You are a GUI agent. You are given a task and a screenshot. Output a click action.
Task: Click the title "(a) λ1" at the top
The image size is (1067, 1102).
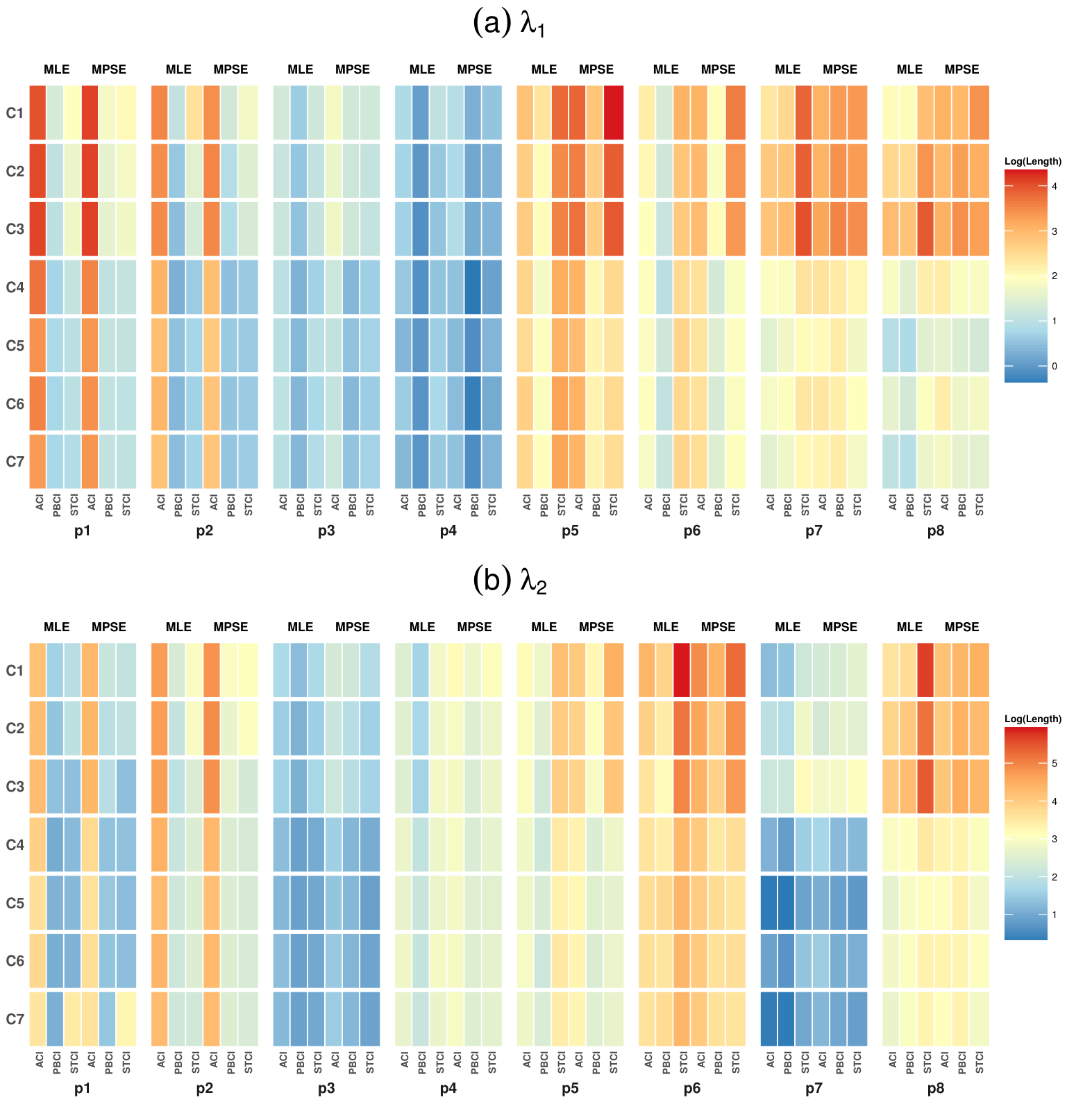point(510,24)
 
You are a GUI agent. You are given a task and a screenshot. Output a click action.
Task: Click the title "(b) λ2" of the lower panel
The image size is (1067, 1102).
point(510,581)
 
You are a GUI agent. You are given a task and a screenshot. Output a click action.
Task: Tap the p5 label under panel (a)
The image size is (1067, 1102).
point(570,532)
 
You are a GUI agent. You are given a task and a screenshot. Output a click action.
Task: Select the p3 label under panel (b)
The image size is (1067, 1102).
point(326,1090)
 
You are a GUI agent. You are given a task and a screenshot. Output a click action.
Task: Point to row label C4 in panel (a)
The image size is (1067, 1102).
point(15,287)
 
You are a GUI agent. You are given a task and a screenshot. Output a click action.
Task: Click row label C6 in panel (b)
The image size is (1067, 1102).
point(15,961)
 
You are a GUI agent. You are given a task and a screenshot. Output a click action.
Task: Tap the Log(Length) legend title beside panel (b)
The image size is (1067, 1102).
point(1033,719)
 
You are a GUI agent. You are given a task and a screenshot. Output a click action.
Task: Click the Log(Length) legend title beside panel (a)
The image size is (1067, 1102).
point(1033,161)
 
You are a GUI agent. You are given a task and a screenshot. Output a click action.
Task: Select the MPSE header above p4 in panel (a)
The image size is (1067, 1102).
point(474,69)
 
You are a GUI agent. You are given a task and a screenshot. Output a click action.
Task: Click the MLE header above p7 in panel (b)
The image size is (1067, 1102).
point(788,627)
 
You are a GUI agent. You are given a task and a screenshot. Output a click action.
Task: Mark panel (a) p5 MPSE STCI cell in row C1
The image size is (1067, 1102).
point(613,112)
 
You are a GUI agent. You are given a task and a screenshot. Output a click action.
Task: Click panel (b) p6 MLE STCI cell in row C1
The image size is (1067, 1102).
point(682,670)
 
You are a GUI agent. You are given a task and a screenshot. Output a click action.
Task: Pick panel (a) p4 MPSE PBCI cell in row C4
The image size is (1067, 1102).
point(474,287)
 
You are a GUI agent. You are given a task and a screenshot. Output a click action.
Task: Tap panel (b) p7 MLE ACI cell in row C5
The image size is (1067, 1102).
point(769,903)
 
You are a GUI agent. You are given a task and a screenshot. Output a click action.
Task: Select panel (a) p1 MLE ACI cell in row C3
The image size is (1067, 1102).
point(37,228)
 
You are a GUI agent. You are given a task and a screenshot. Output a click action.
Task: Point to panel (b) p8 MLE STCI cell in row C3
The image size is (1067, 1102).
point(925,786)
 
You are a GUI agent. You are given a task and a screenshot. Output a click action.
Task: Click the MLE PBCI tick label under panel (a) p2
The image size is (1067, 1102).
point(178,504)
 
